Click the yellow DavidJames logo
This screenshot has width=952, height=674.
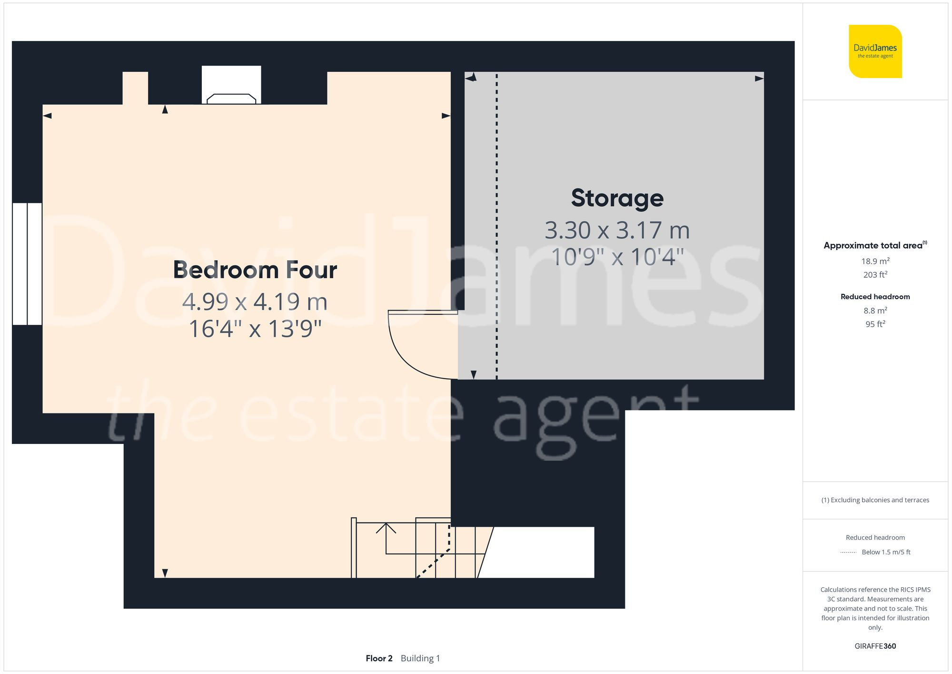(x=875, y=51)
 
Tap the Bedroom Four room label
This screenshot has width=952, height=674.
(x=255, y=270)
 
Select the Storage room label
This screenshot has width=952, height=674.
(x=617, y=198)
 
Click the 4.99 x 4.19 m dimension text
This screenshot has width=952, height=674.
(x=255, y=302)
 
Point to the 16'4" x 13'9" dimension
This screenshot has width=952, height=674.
(x=255, y=329)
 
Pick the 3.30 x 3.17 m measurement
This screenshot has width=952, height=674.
(x=617, y=231)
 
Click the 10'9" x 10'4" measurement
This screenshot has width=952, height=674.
(x=617, y=257)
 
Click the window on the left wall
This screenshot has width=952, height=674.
(x=27, y=264)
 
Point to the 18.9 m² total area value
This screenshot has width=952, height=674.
(x=875, y=261)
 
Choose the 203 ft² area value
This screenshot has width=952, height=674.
(x=875, y=275)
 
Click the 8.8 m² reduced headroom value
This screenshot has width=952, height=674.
(x=875, y=311)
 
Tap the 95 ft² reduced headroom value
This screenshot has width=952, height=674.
(x=875, y=324)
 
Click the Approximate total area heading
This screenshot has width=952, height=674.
(x=873, y=246)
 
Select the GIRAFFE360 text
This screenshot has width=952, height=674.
(x=875, y=646)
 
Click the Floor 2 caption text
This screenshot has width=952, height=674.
(x=379, y=658)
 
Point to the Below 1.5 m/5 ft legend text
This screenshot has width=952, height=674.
(x=886, y=553)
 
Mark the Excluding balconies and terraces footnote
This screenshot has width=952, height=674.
(x=875, y=500)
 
